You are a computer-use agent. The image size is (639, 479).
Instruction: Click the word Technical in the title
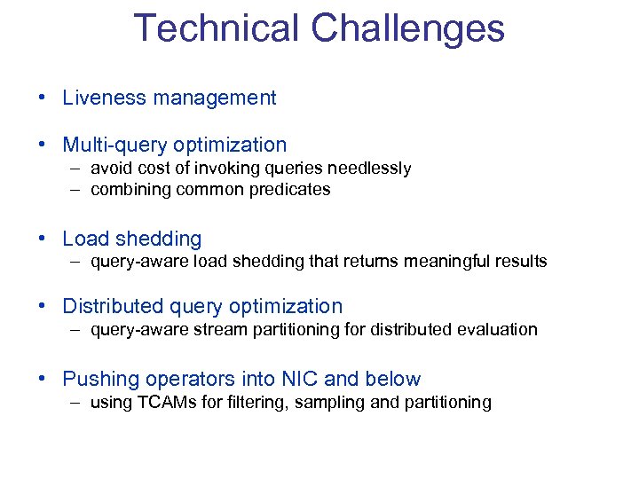pos(216,28)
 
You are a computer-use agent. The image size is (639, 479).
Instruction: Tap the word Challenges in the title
pos(407,28)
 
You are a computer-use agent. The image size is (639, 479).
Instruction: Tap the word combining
pos(127,189)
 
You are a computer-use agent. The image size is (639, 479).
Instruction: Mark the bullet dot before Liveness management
pos(43,98)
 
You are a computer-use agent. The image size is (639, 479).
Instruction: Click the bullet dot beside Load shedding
pos(43,239)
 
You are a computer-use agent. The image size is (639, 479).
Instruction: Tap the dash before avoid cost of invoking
pos(78,169)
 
